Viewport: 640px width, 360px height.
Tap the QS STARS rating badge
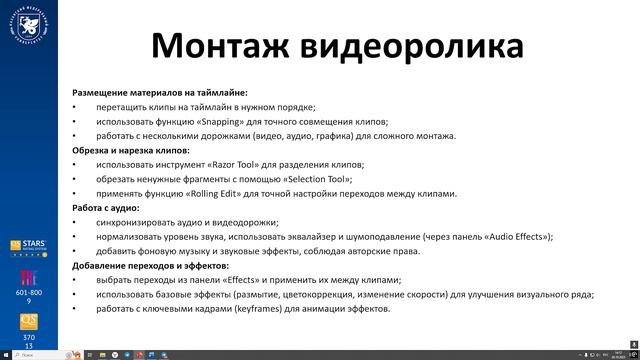click(28, 248)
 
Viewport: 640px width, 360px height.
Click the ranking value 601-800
click(29, 292)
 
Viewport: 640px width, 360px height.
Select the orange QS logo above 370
click(29, 322)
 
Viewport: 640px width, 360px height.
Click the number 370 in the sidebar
click(29, 338)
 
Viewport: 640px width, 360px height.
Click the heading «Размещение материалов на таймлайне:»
click(152, 92)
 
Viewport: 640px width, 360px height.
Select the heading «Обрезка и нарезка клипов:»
click(130, 150)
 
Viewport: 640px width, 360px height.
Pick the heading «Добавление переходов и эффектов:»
click(150, 266)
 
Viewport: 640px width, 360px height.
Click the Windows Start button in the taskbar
click(6, 355)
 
